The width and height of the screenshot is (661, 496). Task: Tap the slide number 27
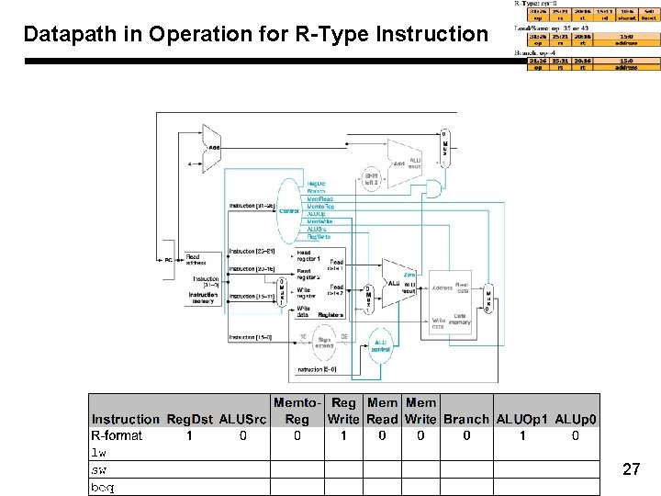click(x=631, y=470)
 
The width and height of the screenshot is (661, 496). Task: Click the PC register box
click(x=168, y=261)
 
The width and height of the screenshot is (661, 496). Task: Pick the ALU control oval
click(x=379, y=344)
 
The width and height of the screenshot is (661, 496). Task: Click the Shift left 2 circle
click(x=371, y=177)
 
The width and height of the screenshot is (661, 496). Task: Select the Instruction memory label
click(x=203, y=298)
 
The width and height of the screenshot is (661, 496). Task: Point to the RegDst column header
click(x=190, y=420)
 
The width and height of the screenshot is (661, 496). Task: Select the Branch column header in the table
click(x=466, y=420)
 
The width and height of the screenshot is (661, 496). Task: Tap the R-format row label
click(x=117, y=436)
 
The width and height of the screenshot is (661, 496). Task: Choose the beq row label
click(x=102, y=487)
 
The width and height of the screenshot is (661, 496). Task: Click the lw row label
click(x=98, y=453)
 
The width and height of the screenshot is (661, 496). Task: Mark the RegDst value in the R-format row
click(x=190, y=436)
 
